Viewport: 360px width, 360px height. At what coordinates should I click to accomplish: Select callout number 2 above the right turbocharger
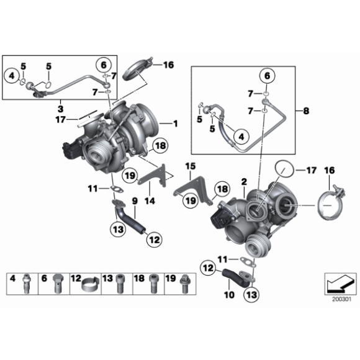[x=244, y=181]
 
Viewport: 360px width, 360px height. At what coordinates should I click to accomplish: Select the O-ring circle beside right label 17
[x=283, y=169]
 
